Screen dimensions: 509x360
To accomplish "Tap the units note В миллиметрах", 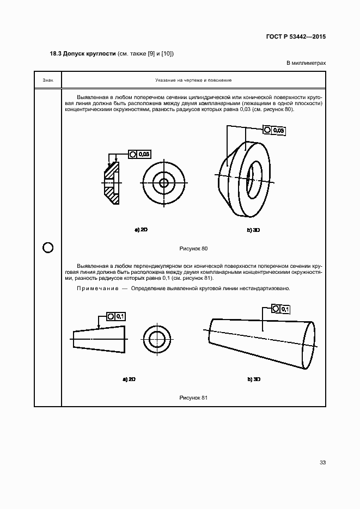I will click(x=306, y=63).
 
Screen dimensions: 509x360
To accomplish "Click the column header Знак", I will click(x=48, y=80).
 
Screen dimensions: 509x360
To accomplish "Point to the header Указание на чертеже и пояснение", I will click(x=193, y=80).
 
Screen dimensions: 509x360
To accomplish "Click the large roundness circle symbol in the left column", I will click(x=48, y=248).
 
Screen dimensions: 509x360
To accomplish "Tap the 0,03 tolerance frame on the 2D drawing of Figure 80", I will click(x=140, y=155).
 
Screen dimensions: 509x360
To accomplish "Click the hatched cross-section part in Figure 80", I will click(x=111, y=183).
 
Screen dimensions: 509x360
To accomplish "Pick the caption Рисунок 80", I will click(x=193, y=248).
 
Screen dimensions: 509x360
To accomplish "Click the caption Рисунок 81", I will click(x=193, y=398).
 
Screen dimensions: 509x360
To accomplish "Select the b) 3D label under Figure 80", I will click(x=253, y=230).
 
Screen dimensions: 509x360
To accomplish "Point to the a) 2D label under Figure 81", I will click(x=129, y=379).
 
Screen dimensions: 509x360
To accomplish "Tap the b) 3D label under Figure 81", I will click(x=254, y=379).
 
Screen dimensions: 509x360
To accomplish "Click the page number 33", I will click(x=322, y=463).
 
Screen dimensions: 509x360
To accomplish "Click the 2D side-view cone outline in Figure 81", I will click(x=100, y=339).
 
